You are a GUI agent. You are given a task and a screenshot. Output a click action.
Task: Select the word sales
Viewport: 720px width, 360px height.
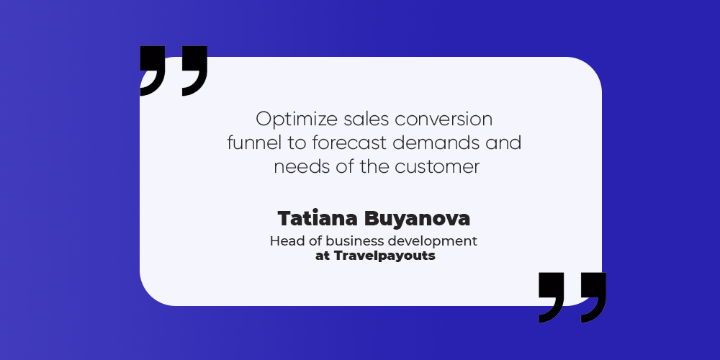coord(366,120)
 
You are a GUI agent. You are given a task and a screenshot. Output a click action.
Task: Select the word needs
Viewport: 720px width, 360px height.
coord(300,166)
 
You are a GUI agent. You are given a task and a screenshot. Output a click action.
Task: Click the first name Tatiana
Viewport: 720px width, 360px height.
coord(318,219)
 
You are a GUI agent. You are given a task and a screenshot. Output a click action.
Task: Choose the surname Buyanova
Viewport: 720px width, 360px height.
coord(417,220)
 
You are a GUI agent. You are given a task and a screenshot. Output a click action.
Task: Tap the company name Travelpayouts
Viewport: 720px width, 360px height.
coord(384,256)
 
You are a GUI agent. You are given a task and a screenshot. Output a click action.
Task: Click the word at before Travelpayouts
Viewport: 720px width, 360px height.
coord(323,256)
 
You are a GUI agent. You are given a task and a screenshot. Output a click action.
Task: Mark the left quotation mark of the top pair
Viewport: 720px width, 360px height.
coord(153,71)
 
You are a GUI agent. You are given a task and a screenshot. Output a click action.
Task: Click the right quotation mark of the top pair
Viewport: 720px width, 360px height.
coord(194,71)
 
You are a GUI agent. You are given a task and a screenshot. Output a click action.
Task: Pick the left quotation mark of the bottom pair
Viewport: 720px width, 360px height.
coord(552,297)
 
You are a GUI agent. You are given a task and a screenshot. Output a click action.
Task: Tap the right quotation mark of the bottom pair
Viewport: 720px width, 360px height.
coord(594,297)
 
